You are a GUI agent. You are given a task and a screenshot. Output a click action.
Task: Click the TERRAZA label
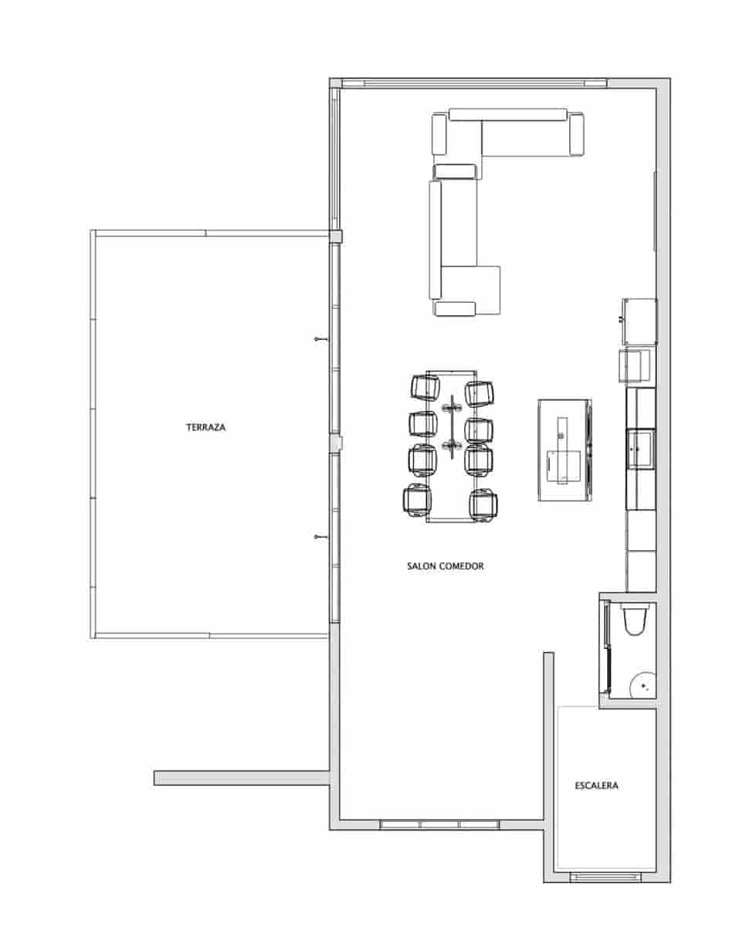[x=205, y=426]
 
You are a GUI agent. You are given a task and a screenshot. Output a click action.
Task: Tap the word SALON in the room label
[x=421, y=566]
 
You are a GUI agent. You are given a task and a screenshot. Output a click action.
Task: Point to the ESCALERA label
[x=596, y=786]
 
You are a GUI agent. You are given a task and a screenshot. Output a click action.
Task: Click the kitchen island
[x=565, y=450]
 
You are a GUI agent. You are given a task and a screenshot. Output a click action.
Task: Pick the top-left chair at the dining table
[x=425, y=387]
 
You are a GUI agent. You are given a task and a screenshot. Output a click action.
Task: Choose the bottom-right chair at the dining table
[x=483, y=504]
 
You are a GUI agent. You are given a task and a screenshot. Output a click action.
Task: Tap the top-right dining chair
[x=480, y=392]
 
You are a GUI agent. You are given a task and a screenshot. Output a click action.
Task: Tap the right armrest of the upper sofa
[x=576, y=133]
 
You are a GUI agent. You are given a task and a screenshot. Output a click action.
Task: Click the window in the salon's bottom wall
[x=440, y=824]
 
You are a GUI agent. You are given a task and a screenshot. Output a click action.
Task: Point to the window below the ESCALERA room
[x=605, y=877]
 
